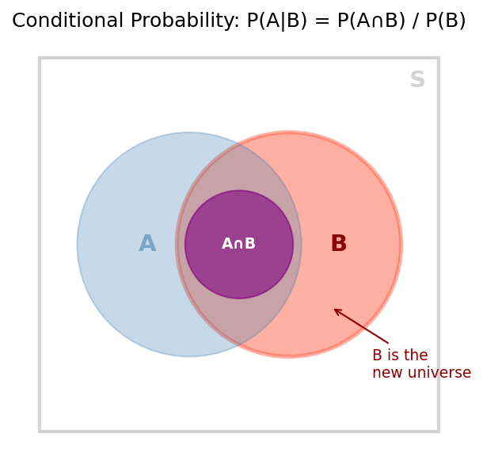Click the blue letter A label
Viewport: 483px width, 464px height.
coord(147,243)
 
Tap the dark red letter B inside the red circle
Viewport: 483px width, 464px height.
coord(339,243)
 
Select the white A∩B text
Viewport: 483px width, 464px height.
coord(238,243)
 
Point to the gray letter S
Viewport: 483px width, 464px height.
coord(417,79)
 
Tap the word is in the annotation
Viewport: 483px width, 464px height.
coord(393,355)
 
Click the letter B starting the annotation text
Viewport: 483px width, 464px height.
coord(378,355)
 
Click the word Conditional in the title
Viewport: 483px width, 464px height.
coord(67,21)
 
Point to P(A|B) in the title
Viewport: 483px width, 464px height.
coord(277,21)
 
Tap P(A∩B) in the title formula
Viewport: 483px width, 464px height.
coord(371,21)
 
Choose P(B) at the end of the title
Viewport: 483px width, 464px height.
coord(446,21)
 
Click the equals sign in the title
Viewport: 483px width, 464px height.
coord(322,21)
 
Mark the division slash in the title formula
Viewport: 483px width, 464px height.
coord(415,21)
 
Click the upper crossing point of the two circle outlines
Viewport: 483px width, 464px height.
coord(238,144)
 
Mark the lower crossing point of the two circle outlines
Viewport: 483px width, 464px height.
coord(238,345)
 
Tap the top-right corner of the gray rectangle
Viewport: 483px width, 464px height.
coord(439,58)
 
